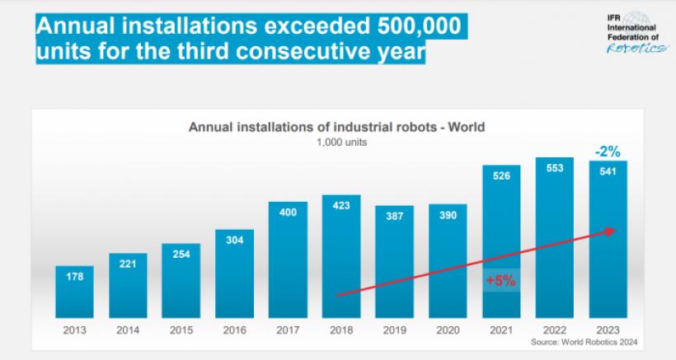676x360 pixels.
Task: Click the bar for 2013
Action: [74, 292]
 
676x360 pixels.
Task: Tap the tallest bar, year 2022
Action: [556, 238]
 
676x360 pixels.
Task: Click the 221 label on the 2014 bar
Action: [128, 265]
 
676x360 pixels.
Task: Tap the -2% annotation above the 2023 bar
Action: [608, 151]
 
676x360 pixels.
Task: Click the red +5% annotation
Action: [501, 279]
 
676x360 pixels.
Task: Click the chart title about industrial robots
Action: [337, 128]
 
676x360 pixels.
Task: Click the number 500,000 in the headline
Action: [395, 26]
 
